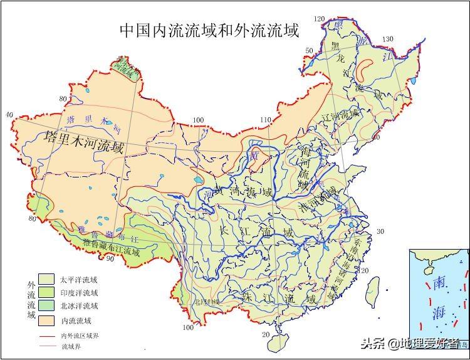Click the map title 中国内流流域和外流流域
click(x=209, y=31)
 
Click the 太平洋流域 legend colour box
click(x=46, y=279)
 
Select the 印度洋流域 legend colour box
click(x=46, y=293)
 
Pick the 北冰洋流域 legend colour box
click(x=46, y=307)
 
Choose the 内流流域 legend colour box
click(x=46, y=320)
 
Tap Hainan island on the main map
click(x=278, y=342)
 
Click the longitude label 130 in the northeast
click(x=388, y=39)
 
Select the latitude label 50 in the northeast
click(x=308, y=50)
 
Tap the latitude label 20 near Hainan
click(x=266, y=334)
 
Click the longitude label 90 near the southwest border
click(x=110, y=258)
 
